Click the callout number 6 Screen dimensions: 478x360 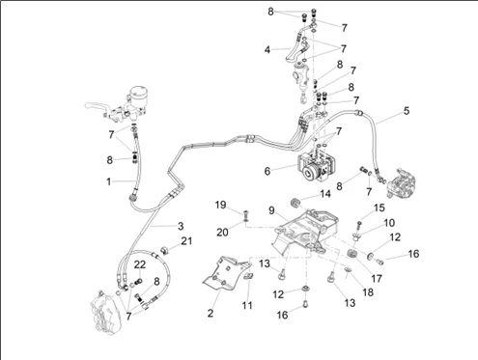(267, 171)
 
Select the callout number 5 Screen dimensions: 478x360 (407, 111)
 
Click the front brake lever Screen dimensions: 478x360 (97, 105)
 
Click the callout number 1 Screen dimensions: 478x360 (109, 181)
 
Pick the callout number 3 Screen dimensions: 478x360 (181, 226)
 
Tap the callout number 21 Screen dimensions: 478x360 (186, 241)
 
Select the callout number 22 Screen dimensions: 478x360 (140, 264)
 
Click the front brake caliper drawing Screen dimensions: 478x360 (105, 312)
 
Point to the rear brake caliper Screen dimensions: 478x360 (401, 181)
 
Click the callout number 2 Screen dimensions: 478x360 (211, 313)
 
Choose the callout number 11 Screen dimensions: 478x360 (247, 305)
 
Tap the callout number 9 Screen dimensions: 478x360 (271, 210)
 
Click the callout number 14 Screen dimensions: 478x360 (325, 194)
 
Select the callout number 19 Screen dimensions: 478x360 (220, 205)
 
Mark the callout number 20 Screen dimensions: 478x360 (222, 232)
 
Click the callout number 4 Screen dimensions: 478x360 (267, 50)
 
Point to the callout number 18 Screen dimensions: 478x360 (368, 292)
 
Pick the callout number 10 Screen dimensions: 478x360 (389, 223)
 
